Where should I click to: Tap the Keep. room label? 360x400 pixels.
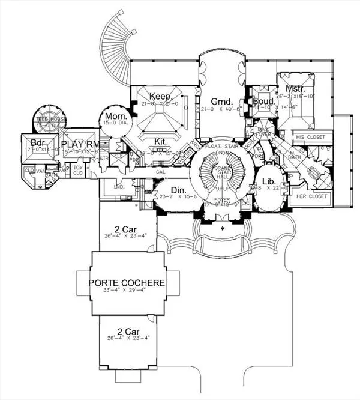[160, 96]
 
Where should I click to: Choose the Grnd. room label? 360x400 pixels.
[220, 101]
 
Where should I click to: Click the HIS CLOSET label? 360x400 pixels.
[311, 138]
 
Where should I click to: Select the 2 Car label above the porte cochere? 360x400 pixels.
[127, 228]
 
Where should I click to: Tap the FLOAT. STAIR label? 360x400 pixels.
[220, 146]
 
